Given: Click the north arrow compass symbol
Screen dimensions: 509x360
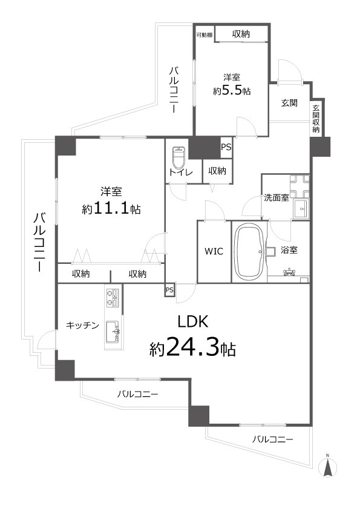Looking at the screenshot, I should pyautogui.click(x=327, y=466).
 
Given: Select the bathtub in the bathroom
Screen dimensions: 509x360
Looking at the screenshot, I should pyautogui.click(x=249, y=251).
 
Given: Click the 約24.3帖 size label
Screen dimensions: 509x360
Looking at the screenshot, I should pyautogui.click(x=192, y=348).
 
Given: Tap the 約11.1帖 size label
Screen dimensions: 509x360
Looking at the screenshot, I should pyautogui.click(x=111, y=209).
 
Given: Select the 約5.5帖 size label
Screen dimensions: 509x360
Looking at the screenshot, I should pyautogui.click(x=232, y=90).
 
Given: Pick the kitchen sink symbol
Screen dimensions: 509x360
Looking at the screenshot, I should pyautogui.click(x=113, y=332).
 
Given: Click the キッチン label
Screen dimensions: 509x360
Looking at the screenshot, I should pyautogui.click(x=82, y=325).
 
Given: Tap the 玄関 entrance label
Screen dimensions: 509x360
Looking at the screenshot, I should pyautogui.click(x=289, y=103).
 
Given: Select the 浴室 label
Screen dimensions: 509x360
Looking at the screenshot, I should pyautogui.click(x=289, y=249).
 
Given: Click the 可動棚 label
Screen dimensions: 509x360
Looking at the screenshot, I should pyautogui.click(x=204, y=34).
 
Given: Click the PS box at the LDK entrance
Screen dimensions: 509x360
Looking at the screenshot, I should pyautogui.click(x=169, y=291).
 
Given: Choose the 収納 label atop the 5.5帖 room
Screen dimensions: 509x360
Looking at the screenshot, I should pyautogui.click(x=241, y=34).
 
